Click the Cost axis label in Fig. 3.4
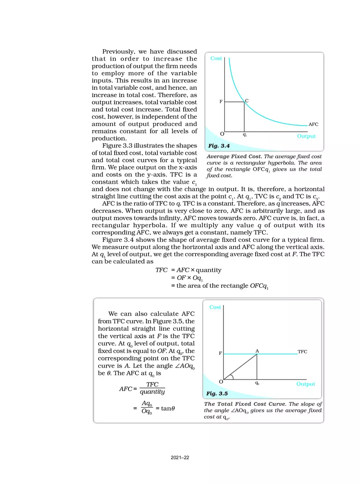pos(216,59)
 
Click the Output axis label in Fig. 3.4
pos(306,136)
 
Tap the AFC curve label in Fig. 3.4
pos(313,124)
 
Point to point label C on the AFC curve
pos(247,100)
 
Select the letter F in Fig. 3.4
pos(221,102)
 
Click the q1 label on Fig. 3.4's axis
pos(244,134)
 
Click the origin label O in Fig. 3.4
pos(222,134)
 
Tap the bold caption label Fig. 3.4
pos(218,146)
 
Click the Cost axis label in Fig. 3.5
pos(215,307)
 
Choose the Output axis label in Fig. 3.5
pos(306,384)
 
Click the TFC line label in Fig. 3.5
pos(302,352)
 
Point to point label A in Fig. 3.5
pos(257,351)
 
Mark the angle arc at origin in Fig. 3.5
pos(232,377)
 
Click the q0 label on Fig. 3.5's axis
pos(257,384)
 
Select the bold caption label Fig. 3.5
pos(217,393)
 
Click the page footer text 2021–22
pos(180,458)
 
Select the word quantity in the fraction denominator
pos(152,392)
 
